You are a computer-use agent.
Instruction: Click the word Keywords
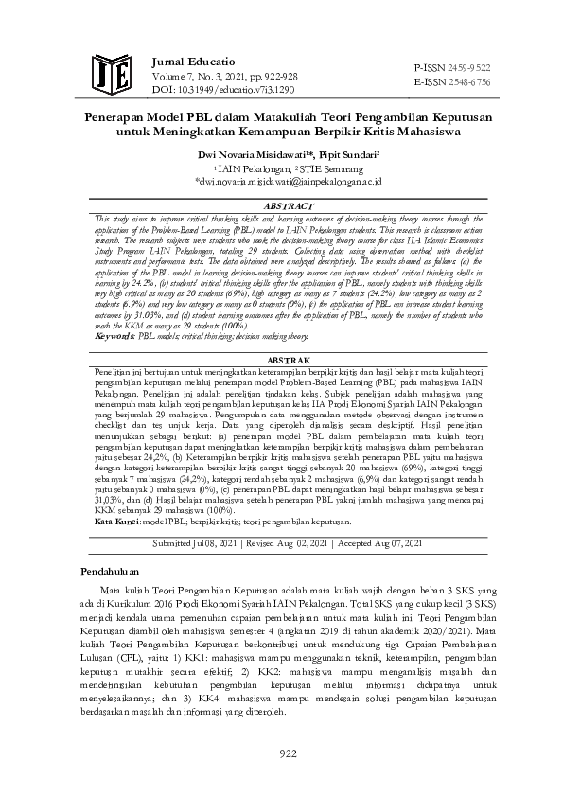[x=115, y=309]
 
